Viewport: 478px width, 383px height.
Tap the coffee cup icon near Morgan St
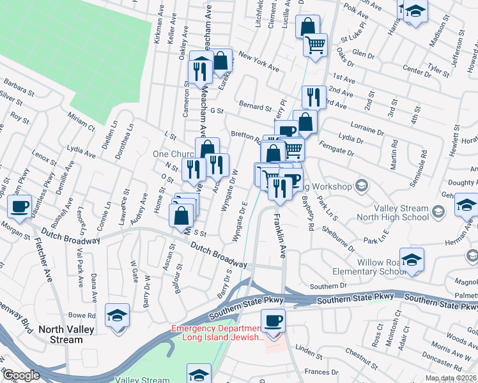19,207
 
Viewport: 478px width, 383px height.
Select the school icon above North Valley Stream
117,316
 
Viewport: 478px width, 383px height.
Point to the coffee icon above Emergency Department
273,320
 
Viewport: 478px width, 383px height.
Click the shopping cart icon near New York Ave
315,45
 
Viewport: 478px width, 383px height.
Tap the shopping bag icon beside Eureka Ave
220,61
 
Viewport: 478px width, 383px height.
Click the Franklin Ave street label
279,236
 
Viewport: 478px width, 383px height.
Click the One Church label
173,154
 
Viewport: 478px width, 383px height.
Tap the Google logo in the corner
21,375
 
